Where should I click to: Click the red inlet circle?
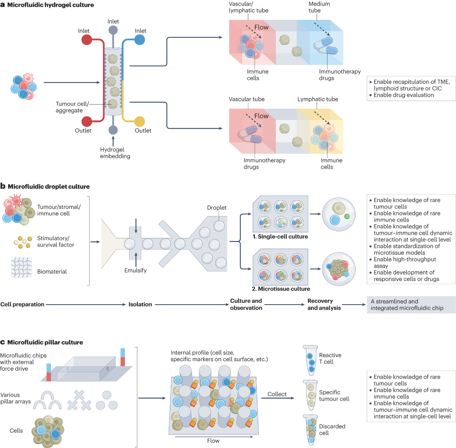point(87,40)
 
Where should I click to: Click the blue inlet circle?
point(140,40)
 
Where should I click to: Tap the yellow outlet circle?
point(140,122)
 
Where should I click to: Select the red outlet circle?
point(87,122)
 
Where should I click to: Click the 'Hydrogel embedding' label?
point(115,153)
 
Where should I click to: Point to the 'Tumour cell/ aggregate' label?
point(72,107)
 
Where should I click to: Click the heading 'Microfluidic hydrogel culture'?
point(50,5)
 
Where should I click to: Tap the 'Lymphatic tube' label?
point(318,99)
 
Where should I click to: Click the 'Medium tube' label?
point(319,7)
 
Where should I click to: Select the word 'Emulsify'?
point(135,270)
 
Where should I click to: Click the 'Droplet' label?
point(217,207)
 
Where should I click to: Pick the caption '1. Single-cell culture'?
point(280,237)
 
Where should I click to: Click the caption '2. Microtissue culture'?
point(281,289)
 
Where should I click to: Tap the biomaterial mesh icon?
point(22,268)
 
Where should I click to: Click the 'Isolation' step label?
point(140,305)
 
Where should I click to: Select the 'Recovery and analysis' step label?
point(324,305)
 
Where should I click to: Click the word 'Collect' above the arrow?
point(277,394)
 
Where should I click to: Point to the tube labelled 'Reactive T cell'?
point(311,360)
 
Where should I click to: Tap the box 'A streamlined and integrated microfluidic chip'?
point(411,305)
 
